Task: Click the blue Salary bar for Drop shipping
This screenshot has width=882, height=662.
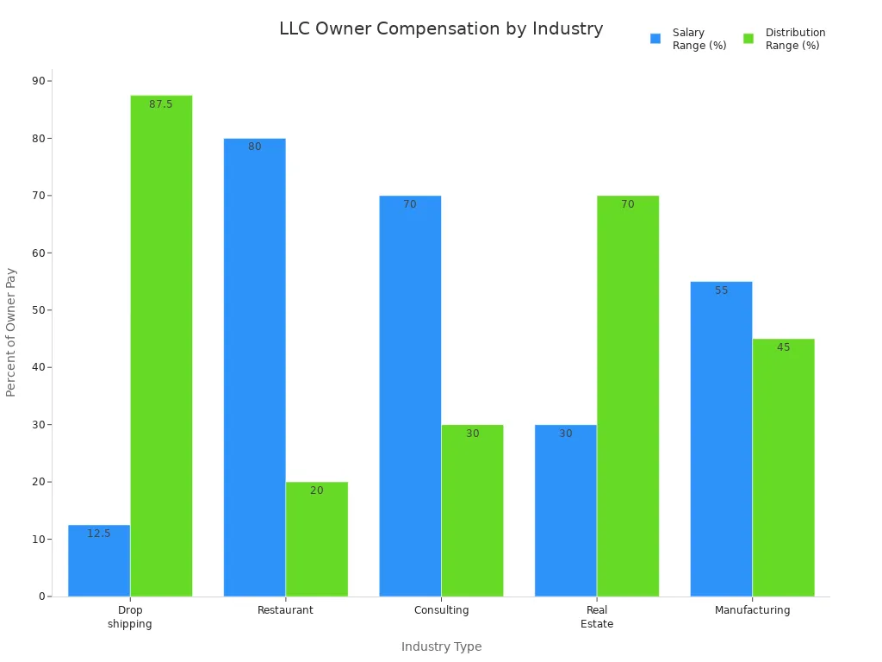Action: [x=99, y=565]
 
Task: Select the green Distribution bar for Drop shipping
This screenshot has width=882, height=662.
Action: [x=161, y=345]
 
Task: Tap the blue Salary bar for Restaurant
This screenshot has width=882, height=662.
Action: [x=254, y=366]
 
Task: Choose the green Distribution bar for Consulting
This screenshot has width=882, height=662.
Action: [x=472, y=513]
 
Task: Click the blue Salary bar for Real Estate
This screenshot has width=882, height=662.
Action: [x=565, y=513]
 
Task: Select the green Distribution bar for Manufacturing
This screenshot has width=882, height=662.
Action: [x=783, y=470]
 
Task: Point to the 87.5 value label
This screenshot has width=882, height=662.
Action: [x=161, y=104]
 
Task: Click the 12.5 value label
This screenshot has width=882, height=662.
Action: [x=99, y=534]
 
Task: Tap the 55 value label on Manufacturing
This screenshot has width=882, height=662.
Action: [x=721, y=290]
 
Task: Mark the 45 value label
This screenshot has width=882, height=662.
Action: [x=783, y=347]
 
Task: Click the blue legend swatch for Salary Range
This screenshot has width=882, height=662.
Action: [x=655, y=39]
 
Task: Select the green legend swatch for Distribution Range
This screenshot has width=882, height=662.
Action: [x=748, y=39]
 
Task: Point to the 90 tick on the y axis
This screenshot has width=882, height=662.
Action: [x=39, y=81]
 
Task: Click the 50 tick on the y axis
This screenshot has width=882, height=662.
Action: [x=39, y=310]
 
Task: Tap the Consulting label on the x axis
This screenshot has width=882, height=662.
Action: [x=441, y=610]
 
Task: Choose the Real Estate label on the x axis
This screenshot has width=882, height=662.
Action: [x=597, y=617]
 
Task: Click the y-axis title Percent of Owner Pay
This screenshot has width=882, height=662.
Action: [x=11, y=332]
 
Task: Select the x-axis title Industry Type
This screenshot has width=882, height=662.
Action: [x=441, y=646]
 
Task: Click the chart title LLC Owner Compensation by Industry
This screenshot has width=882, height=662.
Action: [x=441, y=28]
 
